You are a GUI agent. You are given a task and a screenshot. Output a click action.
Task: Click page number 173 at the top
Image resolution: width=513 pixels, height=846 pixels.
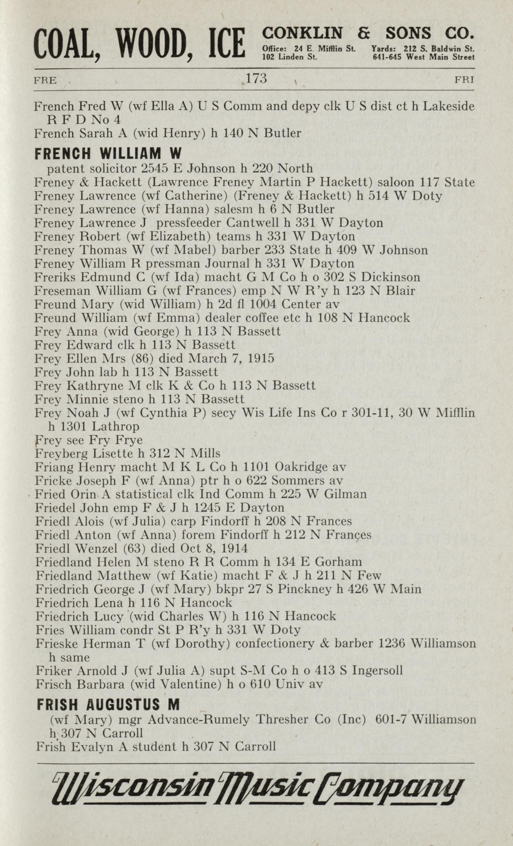tap(256, 79)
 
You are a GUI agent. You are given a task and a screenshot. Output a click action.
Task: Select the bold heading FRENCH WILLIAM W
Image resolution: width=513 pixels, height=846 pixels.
tap(107, 154)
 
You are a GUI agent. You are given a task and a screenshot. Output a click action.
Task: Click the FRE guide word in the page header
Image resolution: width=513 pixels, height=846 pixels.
tap(45, 81)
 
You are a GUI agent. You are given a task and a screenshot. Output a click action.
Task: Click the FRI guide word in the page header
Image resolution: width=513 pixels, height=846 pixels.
tap(464, 80)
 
